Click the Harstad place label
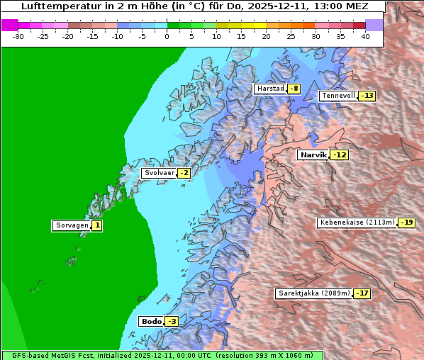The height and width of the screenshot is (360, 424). (270, 89)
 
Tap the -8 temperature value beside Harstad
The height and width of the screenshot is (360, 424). (294, 89)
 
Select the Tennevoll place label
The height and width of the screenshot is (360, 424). (338, 96)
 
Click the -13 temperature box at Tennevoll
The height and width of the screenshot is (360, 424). (367, 96)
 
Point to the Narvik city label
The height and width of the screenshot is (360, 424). (313, 154)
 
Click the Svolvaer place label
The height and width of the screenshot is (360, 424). (159, 173)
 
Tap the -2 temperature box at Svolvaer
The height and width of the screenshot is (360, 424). (184, 173)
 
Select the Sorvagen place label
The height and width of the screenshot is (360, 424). (72, 225)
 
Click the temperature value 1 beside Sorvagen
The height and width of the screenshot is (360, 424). (97, 225)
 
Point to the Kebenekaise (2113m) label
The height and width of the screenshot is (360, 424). (357, 223)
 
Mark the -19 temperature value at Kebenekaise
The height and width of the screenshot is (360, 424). (406, 223)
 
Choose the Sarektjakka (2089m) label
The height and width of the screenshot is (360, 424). (313, 293)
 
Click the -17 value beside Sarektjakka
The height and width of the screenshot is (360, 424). (362, 293)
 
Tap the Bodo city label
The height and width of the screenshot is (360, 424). (151, 321)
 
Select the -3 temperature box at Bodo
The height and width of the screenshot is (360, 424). (171, 321)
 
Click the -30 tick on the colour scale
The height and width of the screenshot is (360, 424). (18, 35)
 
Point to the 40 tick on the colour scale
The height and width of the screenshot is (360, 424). (365, 35)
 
